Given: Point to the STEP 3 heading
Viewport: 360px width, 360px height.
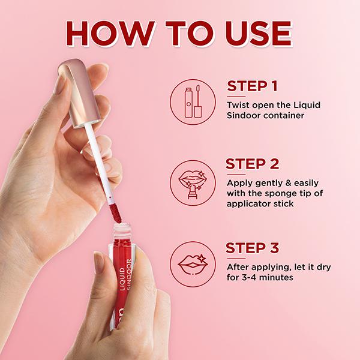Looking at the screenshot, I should tap(253, 248).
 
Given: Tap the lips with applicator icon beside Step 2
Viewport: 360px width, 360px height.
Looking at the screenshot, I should tap(191, 179).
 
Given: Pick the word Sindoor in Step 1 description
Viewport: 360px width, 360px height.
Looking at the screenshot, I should tap(244, 116).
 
